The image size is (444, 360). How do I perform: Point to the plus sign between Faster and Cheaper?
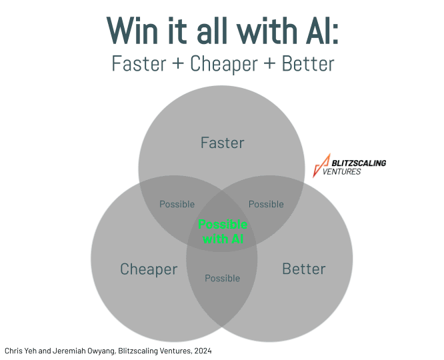pos(178,64)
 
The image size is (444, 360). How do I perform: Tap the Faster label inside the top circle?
pos(222,143)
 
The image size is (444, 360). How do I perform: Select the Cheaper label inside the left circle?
pos(149,269)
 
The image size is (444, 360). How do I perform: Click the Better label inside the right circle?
pos(304,269)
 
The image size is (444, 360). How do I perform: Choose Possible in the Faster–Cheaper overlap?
pos(177,204)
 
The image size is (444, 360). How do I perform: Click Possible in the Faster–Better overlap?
pos(266,204)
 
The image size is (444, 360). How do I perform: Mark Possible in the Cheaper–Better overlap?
pos(222,278)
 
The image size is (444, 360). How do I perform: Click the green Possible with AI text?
pos(223,231)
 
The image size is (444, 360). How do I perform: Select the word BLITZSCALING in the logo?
pos(359,163)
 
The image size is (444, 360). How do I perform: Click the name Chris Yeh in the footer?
pos(21,350)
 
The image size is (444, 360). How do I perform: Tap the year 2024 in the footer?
pos(203,350)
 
